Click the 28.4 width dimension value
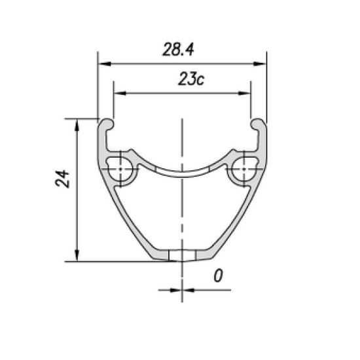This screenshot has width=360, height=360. (180, 49)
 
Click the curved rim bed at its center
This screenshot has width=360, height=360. (183, 173)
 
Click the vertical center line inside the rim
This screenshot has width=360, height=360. (183, 209)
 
